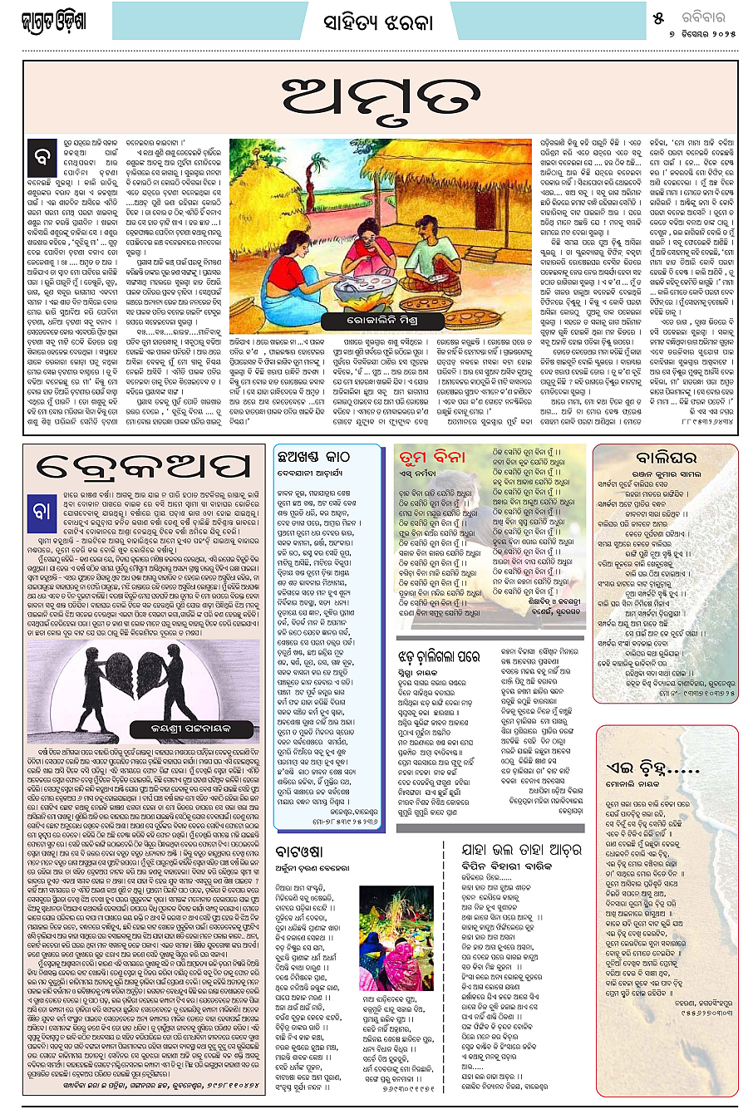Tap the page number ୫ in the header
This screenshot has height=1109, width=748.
pyautogui.click(x=658, y=17)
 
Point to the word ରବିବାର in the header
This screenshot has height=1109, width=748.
pyautogui.click(x=701, y=17)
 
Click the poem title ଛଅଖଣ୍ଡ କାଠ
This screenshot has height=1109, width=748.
pyautogui.click(x=314, y=456)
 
